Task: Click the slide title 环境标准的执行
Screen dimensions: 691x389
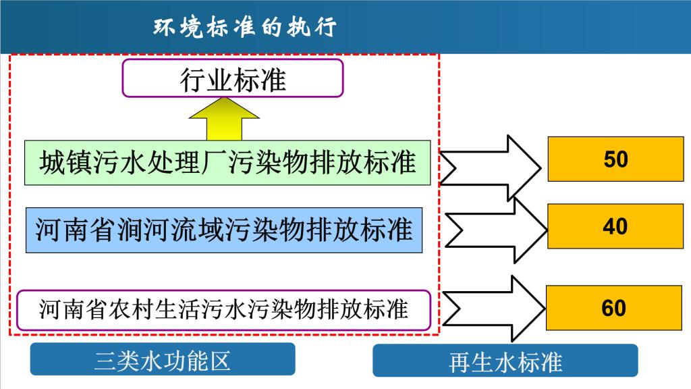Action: [x=245, y=27]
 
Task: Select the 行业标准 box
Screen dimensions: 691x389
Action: [x=233, y=78]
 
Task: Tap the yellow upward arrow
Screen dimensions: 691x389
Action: [x=224, y=119]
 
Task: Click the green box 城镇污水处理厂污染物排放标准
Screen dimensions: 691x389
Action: [x=227, y=162]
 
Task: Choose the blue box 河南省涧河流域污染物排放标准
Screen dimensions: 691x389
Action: [x=224, y=230]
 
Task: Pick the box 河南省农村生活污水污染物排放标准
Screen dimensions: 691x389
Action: [x=223, y=309]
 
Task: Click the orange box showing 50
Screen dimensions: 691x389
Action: [x=615, y=159]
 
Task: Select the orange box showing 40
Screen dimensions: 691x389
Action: [x=615, y=226]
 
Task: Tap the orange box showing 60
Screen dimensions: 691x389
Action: [x=614, y=308]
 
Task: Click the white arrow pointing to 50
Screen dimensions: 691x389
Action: [x=490, y=168]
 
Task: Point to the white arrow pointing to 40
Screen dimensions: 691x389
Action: [x=497, y=230]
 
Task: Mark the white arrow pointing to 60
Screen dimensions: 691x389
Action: [x=494, y=308]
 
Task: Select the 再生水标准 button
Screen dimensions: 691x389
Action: [x=505, y=361]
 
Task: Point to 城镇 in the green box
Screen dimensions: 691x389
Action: [x=65, y=162]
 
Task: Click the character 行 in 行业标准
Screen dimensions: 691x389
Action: [x=192, y=80]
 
